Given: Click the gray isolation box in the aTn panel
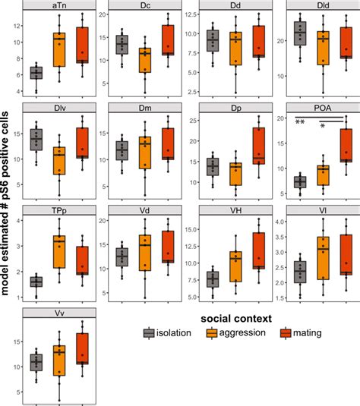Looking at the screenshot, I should point(36,73).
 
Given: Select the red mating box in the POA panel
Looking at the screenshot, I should point(346,144).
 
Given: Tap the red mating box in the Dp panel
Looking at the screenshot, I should point(259,145).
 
